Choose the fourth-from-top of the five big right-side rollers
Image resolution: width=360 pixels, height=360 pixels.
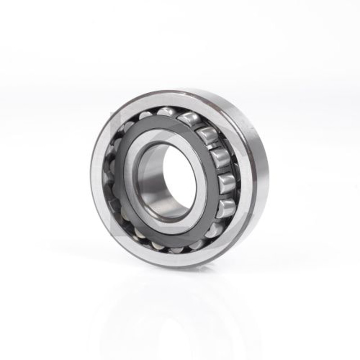tap(226, 184)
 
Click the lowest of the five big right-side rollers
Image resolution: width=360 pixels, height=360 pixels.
tap(225, 208)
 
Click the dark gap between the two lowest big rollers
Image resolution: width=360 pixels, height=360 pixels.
tap(226, 197)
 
